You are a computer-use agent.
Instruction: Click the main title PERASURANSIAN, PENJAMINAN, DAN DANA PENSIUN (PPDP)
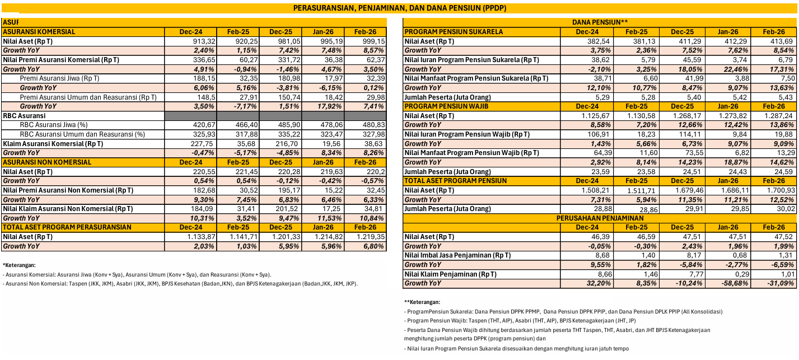click(x=400, y=8)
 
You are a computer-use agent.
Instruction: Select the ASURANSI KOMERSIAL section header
click(x=39, y=32)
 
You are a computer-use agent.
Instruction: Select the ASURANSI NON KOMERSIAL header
click(x=47, y=162)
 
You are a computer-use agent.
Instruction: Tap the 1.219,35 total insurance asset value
click(x=371, y=237)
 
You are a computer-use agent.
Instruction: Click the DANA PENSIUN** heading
click(x=600, y=22)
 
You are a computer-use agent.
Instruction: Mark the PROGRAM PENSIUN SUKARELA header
click(x=454, y=32)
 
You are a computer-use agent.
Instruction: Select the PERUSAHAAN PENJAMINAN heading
click(x=600, y=218)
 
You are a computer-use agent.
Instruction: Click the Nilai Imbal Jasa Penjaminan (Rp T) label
click(x=457, y=255)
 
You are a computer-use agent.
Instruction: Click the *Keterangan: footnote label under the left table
click(x=19, y=264)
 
